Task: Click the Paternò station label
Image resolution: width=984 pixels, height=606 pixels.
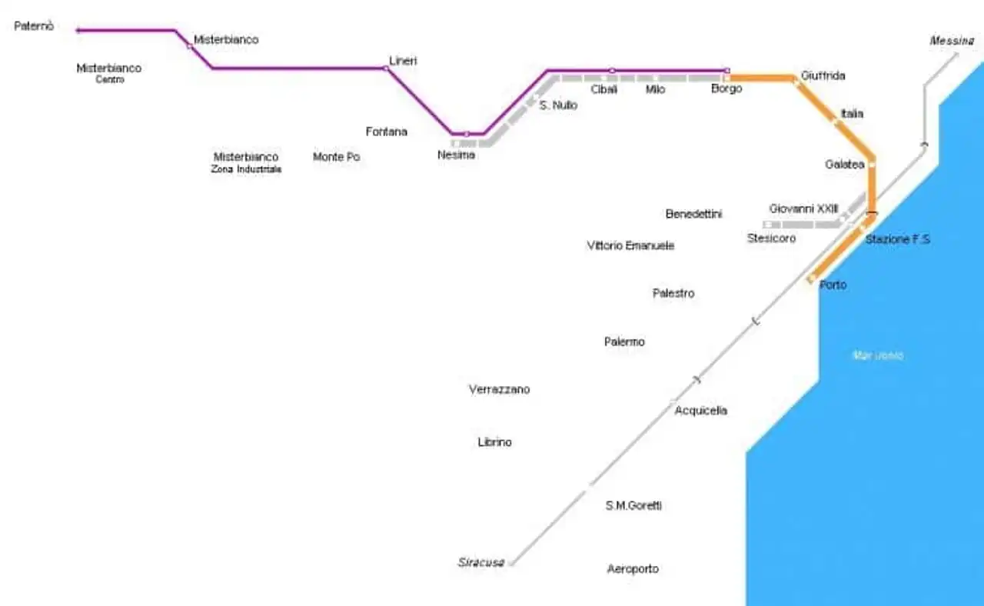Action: (x=35, y=26)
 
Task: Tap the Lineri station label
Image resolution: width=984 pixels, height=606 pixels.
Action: (x=403, y=60)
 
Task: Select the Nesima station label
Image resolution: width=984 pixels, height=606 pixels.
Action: (x=456, y=155)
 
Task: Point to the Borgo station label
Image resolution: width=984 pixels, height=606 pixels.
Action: (x=726, y=88)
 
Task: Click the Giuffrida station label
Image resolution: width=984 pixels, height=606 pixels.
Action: (x=823, y=75)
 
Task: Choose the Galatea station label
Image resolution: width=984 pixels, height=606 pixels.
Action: (x=845, y=165)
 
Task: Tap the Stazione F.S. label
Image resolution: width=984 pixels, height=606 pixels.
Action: (x=898, y=239)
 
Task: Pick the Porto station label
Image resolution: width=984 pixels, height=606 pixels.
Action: (x=833, y=285)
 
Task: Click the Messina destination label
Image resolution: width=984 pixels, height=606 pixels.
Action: (x=952, y=41)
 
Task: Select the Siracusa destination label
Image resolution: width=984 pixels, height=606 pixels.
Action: (x=481, y=562)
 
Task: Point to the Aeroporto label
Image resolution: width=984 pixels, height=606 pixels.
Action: (x=633, y=569)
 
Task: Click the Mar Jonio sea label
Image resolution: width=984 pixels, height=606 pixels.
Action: (x=878, y=355)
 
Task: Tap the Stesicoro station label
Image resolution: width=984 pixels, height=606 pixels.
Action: (x=771, y=238)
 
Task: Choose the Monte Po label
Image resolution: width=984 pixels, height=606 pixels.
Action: (x=337, y=157)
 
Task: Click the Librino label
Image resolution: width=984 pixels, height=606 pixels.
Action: (x=494, y=442)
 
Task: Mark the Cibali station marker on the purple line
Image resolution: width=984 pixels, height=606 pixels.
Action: (x=612, y=71)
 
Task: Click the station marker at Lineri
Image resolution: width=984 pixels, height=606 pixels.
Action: (x=386, y=68)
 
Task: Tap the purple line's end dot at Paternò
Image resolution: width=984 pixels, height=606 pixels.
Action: (x=78, y=31)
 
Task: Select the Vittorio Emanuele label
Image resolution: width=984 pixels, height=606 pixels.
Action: (x=630, y=246)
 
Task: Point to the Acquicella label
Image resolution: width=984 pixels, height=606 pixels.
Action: (x=700, y=411)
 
